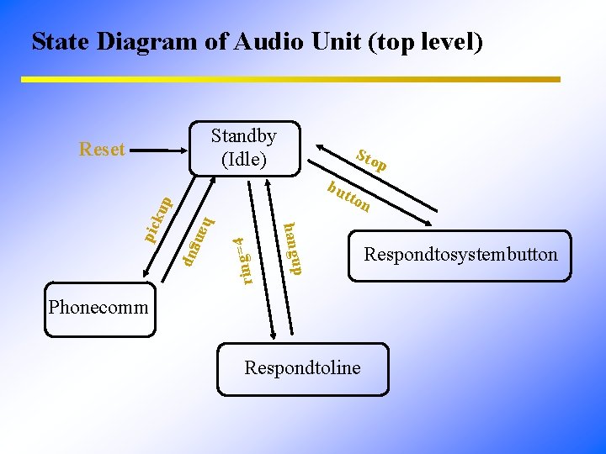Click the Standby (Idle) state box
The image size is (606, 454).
[243, 147]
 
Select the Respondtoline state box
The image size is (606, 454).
[302, 368]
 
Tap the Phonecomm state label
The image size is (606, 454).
[98, 307]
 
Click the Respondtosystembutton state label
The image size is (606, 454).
[460, 254]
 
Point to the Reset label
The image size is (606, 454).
[101, 150]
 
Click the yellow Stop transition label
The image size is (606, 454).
[371, 161]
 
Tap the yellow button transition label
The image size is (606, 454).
[348, 196]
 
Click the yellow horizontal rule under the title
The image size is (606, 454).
[290, 80]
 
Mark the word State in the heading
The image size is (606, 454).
[61, 41]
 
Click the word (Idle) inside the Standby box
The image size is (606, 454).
[243, 158]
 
